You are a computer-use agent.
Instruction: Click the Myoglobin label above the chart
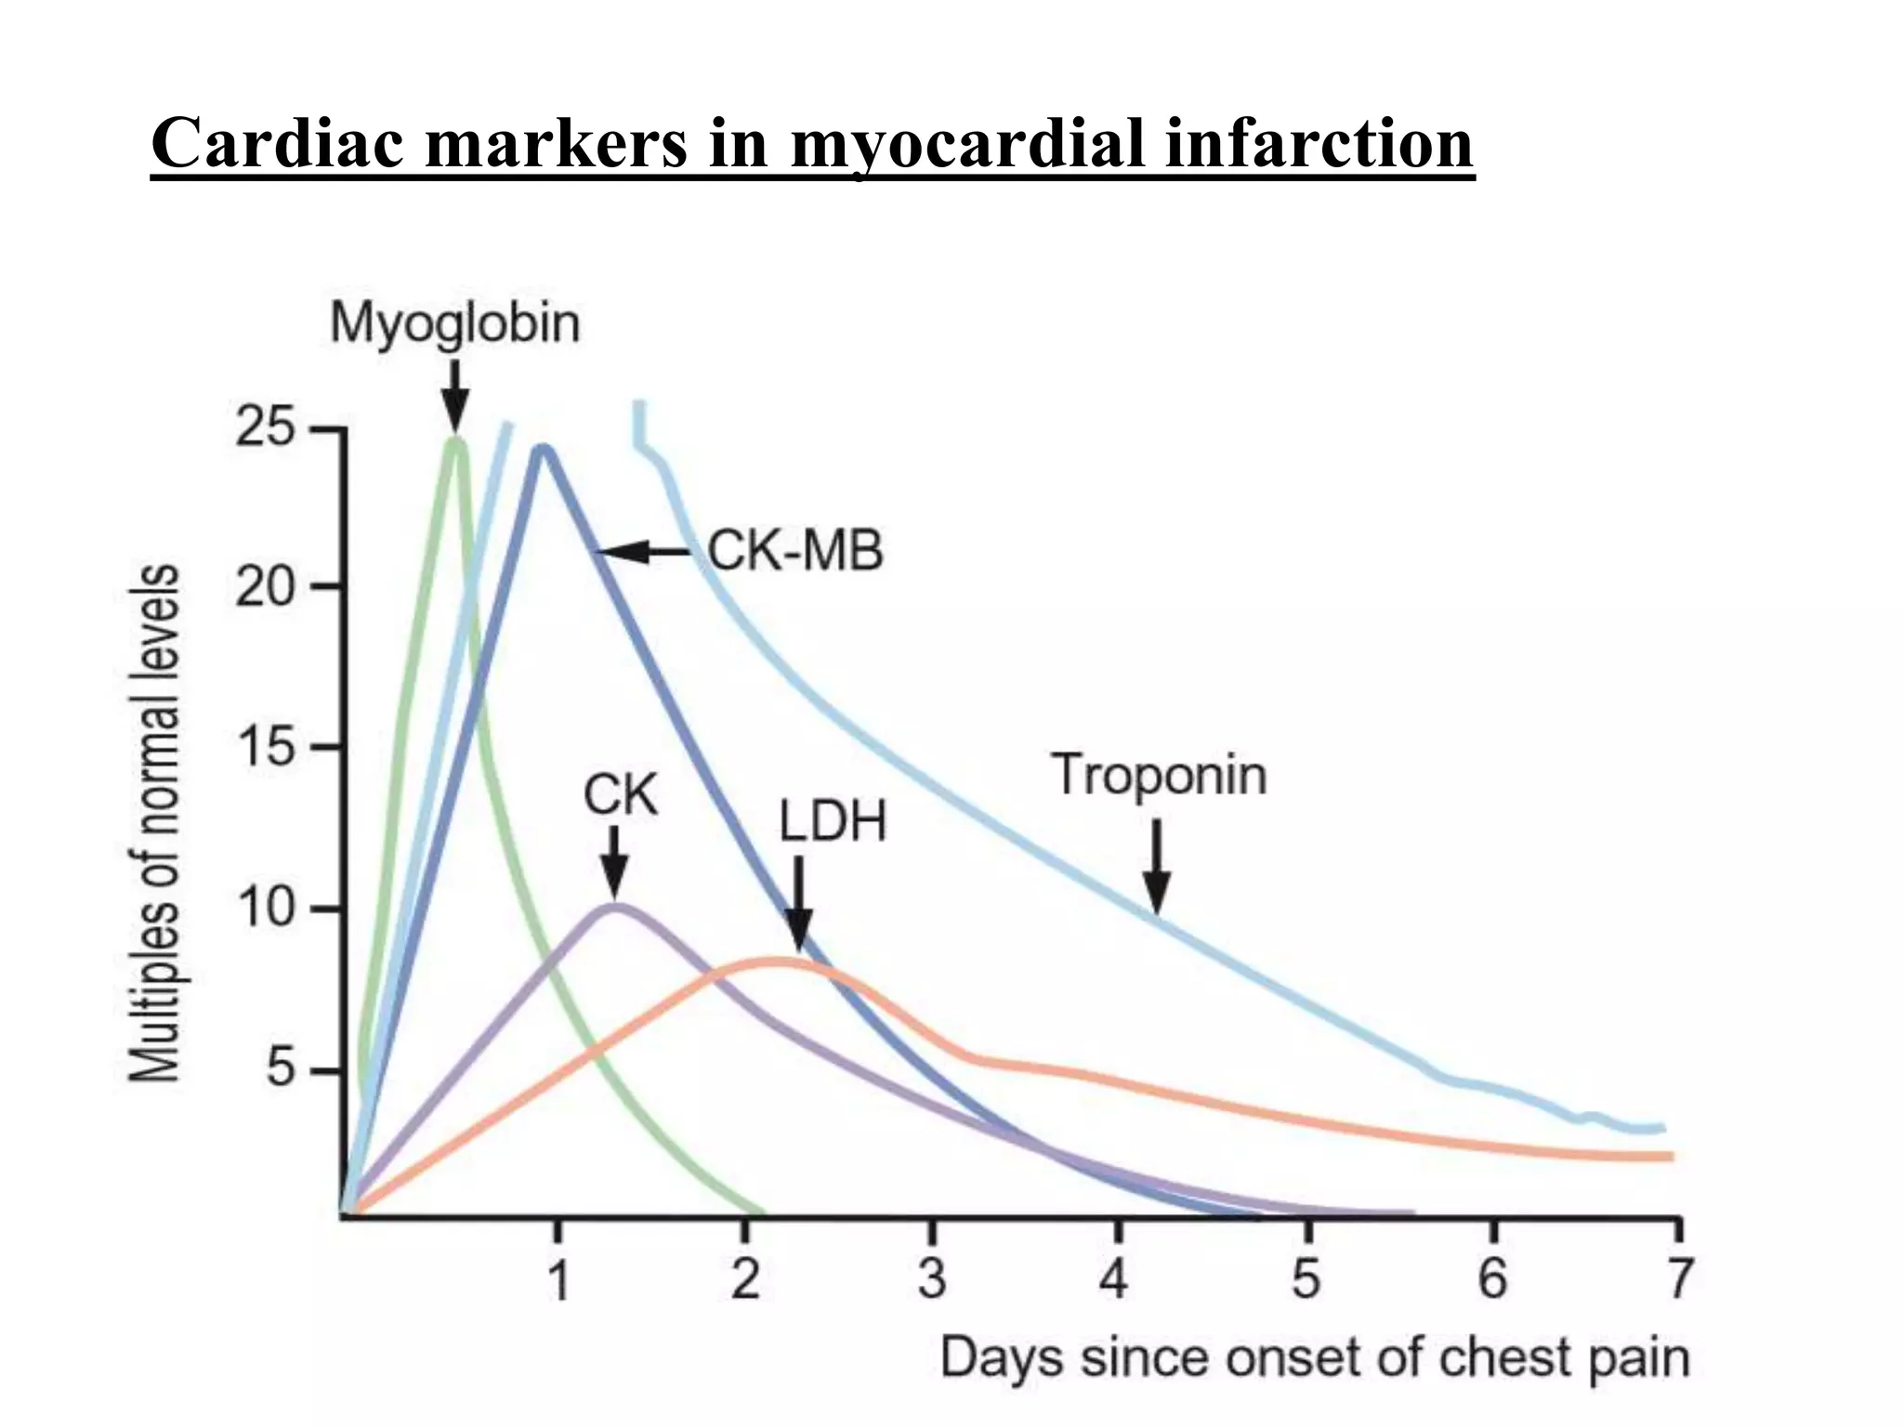tap(454, 323)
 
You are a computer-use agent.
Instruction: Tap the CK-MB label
tap(795, 551)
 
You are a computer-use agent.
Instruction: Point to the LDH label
tap(833, 822)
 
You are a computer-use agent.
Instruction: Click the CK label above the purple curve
tap(620, 796)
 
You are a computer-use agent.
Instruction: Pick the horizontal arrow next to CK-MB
tap(643, 552)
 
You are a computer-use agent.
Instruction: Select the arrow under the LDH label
tap(799, 904)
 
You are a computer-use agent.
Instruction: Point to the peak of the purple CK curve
tap(614, 907)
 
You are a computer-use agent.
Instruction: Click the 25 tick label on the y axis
tap(265, 429)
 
